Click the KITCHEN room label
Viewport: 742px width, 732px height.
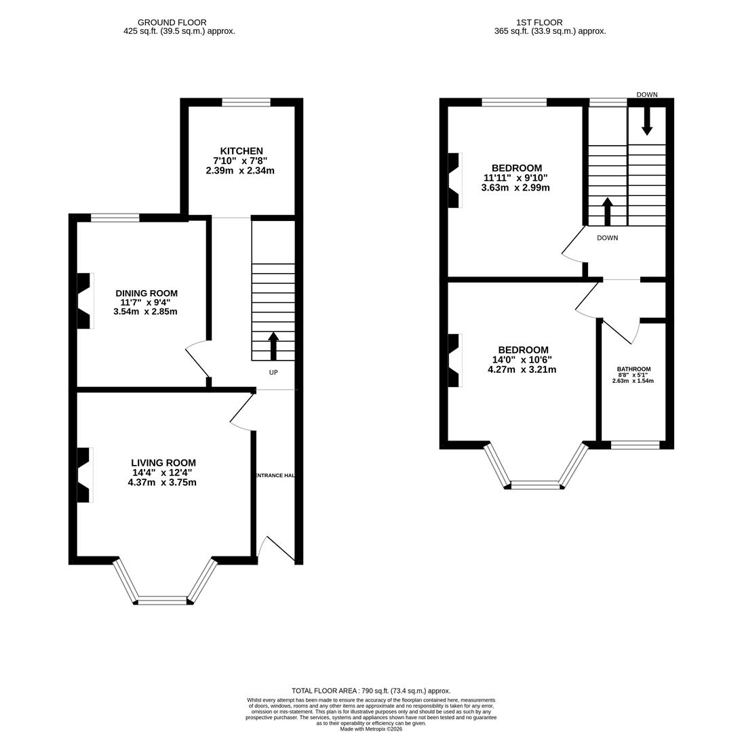coord(241,151)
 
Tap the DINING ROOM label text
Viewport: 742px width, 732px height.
coord(146,293)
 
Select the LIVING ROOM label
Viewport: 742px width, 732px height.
coord(163,463)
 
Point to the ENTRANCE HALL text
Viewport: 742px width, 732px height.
coord(275,476)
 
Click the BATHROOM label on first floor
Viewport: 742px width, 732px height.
coord(633,369)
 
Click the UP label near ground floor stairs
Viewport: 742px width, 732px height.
coord(273,373)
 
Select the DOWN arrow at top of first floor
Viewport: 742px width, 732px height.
coord(647,121)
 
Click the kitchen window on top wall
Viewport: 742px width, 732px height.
coord(246,102)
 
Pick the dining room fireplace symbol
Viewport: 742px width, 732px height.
coord(83,301)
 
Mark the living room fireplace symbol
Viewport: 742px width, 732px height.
coord(83,475)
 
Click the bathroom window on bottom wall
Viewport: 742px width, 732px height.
coord(635,445)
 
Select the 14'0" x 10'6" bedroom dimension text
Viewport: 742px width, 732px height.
coord(522,360)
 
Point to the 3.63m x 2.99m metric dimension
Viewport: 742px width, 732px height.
coord(515,188)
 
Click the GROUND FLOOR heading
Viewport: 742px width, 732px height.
coord(172,22)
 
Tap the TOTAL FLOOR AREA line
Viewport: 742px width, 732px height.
coord(371,691)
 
